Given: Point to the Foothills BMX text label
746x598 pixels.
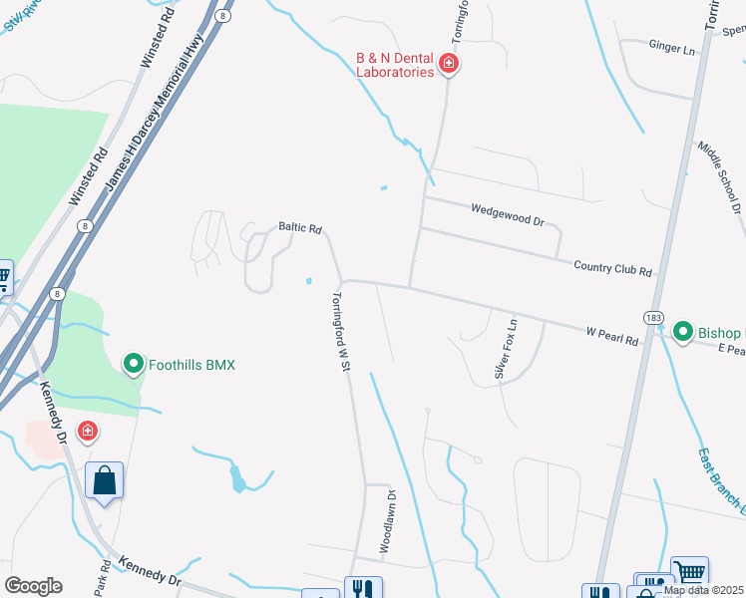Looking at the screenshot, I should coord(191,365).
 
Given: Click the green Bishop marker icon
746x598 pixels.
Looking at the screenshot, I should coord(683,331).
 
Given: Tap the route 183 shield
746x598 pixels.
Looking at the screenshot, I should coord(653,318).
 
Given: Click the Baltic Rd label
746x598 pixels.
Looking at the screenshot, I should coord(299,227).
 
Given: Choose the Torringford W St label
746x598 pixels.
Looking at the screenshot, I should coord(341,332).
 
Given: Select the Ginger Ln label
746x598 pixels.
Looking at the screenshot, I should coord(671,48).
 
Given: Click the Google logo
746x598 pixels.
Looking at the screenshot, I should coord(33,585).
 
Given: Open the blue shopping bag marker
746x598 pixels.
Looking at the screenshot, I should coord(104,481).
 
